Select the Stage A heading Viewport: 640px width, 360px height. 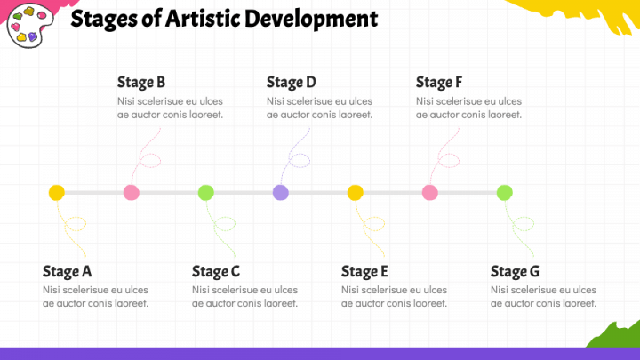point(67,271)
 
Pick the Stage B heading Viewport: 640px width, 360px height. point(141,83)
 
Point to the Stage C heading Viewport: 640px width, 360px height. point(216,271)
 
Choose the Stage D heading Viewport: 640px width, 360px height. point(291,83)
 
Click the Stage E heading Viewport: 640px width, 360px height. point(365,271)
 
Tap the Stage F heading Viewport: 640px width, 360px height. point(439,83)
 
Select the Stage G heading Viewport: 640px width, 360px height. point(515,271)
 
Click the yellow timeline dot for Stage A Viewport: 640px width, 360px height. point(56,192)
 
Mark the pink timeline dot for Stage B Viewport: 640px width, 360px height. point(131,192)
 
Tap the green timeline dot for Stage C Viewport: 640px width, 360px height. point(205,192)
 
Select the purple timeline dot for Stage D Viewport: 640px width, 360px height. point(280,192)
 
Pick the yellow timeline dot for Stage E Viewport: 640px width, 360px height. point(355,192)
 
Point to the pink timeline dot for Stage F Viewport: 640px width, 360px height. point(429,192)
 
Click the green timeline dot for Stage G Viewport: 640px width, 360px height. point(504,192)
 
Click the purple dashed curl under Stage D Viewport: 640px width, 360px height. point(297,157)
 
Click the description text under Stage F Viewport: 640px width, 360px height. point(468,108)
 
